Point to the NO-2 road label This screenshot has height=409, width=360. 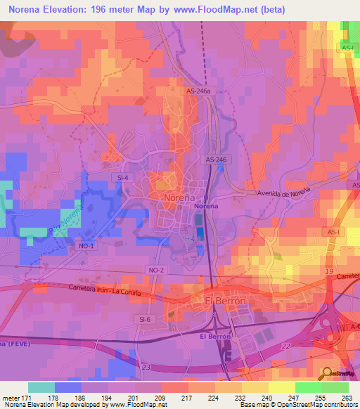(156, 270)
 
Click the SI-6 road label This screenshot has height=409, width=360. (146, 320)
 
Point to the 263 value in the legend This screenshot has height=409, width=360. (347, 398)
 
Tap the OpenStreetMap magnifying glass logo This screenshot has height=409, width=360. (327, 373)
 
